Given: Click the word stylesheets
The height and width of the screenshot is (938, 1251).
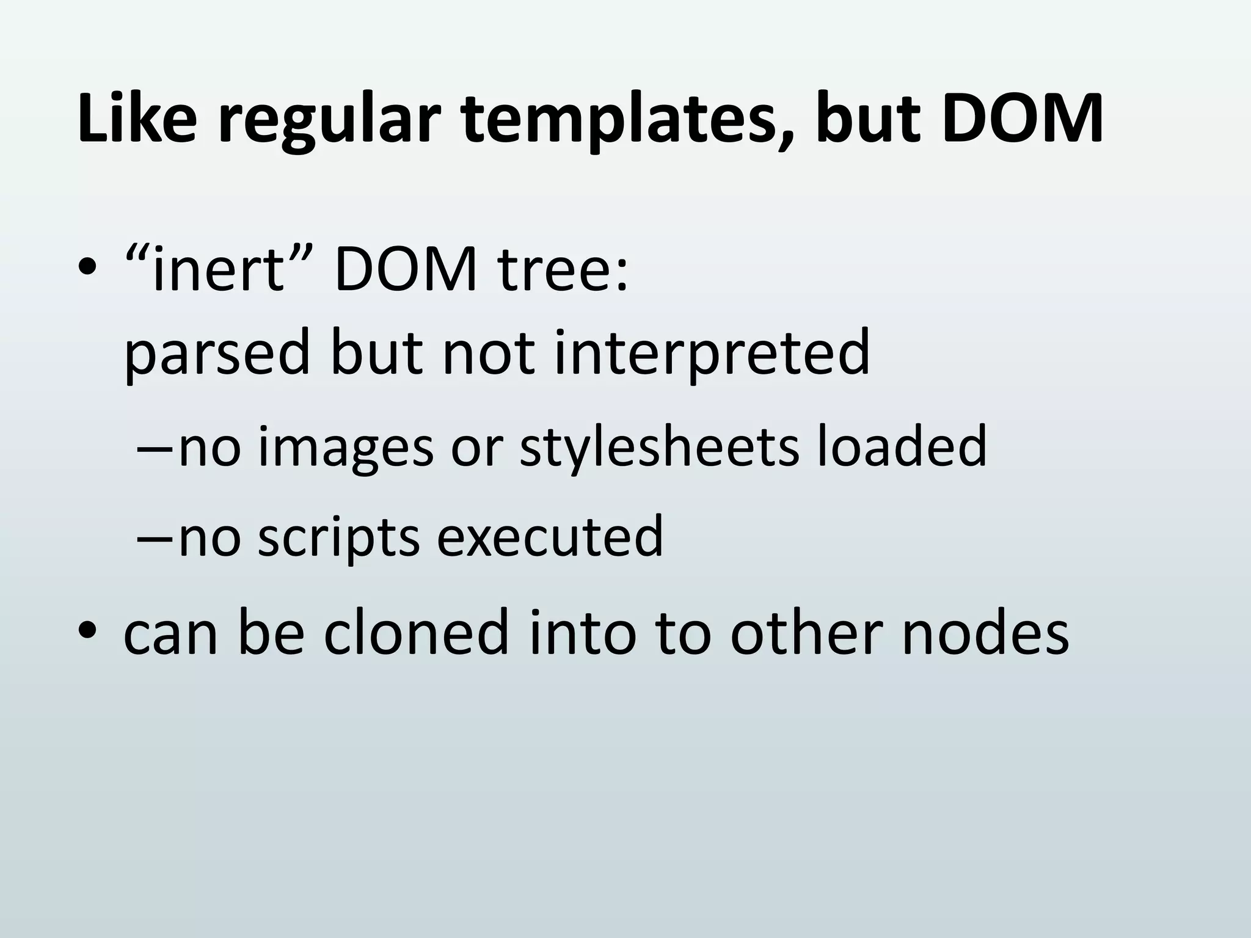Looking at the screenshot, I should (x=659, y=446).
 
